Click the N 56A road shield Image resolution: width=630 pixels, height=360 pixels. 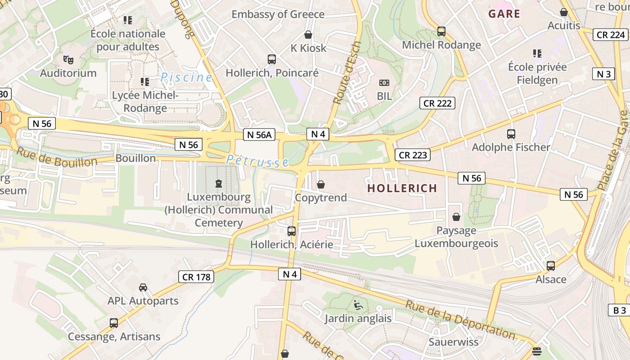coord(260,135)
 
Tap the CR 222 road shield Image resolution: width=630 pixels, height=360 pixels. coord(437,103)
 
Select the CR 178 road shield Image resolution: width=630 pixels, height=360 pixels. coord(197,277)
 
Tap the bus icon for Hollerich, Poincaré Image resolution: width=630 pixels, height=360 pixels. coord(272,59)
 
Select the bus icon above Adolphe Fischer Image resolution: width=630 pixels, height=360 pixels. coord(511,134)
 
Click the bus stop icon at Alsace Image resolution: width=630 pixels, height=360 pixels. coord(551,266)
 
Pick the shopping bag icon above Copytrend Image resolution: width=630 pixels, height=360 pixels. coord(321,184)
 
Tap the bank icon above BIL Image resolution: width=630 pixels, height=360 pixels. coord(384,83)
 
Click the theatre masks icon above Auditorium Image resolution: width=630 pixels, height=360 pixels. coord(68,59)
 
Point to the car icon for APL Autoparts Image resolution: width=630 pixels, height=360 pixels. coord(143,288)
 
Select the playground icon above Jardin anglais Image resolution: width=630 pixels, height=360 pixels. coord(358,305)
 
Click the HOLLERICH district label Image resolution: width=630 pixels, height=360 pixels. coord(402,188)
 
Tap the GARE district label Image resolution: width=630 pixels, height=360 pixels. coord(504,14)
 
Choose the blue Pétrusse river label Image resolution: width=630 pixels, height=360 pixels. coord(257,161)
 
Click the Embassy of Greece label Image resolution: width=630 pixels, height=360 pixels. coord(278,14)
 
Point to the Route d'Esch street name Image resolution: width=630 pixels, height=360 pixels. coord(343,78)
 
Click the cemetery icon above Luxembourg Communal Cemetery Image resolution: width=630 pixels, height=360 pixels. coord(219,184)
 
